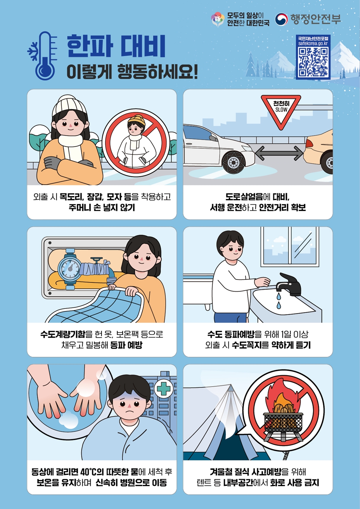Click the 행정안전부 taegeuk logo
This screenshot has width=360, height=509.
click(x=281, y=19)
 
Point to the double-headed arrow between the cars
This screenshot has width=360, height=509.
click(x=279, y=153)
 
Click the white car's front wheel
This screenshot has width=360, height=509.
click(x=233, y=162)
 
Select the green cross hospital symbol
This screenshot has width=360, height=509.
click(x=163, y=389)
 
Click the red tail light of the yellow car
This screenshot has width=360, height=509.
click(x=309, y=143)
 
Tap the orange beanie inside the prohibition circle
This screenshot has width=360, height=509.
click(x=136, y=121)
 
